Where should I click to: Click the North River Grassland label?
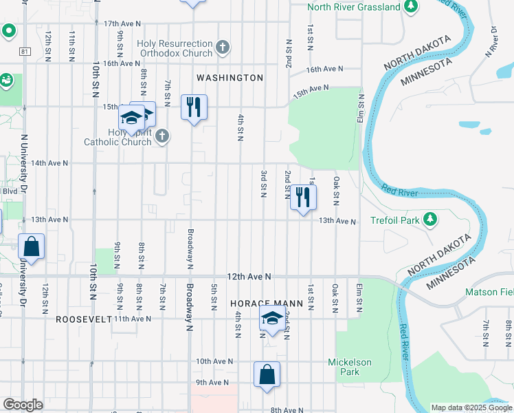tap(353, 7)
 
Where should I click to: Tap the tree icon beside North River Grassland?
tap(411, 7)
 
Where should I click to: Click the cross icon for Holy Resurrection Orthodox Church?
tap(222, 47)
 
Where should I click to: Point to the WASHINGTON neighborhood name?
tap(230, 78)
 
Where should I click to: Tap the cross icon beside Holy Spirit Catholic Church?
tap(161, 136)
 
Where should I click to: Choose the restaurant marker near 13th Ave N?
tap(302, 198)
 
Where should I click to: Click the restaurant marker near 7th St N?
tap(194, 107)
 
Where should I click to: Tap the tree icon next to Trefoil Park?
tap(430, 220)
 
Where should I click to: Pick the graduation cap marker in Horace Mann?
tap(272, 319)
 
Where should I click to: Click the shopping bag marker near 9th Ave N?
tap(267, 374)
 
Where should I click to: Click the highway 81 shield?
tap(25, 51)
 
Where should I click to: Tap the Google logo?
tap(23, 405)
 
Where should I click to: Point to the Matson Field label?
tap(489, 293)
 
